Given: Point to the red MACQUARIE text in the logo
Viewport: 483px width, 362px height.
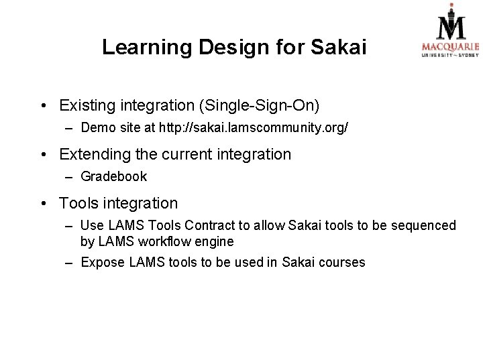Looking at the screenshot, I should pyautogui.click(x=450, y=46).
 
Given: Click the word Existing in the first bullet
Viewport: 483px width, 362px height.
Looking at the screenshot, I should pyautogui.click(x=87, y=106).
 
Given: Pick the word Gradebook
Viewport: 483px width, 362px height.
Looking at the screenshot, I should pyautogui.click(x=113, y=178).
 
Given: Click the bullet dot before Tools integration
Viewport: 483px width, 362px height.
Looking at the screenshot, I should pyautogui.click(x=42, y=202).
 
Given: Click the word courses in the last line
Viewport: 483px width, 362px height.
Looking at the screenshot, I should pyautogui.click(x=341, y=262).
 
